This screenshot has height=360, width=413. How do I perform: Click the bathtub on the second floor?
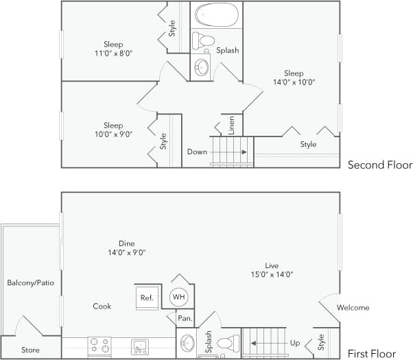pyautogui.click(x=216, y=15)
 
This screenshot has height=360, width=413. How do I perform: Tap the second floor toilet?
pyautogui.click(x=202, y=40)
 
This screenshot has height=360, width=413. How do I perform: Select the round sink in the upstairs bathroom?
pyautogui.click(x=202, y=67)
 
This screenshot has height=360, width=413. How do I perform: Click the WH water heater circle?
pyautogui.click(x=179, y=297)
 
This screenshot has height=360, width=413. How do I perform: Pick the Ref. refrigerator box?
pyautogui.click(x=147, y=298)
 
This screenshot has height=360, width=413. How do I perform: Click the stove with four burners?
pyautogui.click(x=99, y=346)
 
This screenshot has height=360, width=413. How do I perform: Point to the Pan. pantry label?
pyautogui.click(x=184, y=318)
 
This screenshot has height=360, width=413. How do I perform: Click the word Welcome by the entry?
pyautogui.click(x=353, y=308)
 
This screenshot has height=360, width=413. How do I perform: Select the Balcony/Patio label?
pyautogui.click(x=30, y=283)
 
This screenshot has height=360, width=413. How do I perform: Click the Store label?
pyautogui.click(x=30, y=350)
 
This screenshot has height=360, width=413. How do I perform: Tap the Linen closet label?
pyautogui.click(x=231, y=125)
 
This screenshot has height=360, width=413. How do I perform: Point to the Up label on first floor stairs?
pyautogui.click(x=296, y=341)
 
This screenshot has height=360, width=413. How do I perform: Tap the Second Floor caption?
pyautogui.click(x=379, y=165)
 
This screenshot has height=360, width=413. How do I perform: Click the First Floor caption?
pyautogui.click(x=371, y=354)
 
